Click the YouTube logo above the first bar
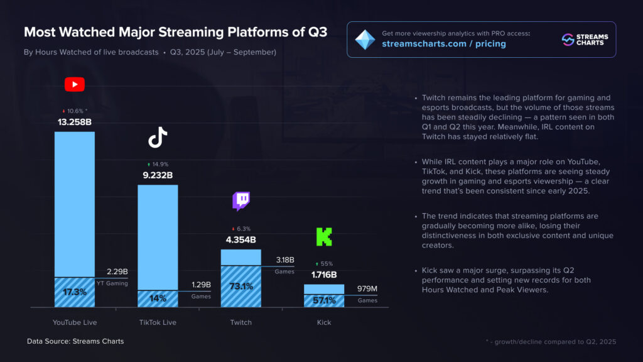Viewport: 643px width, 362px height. coord(74,84)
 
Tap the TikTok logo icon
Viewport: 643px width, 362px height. coord(158,137)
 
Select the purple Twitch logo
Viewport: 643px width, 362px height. coord(241,201)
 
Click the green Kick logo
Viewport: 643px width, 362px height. coord(323,237)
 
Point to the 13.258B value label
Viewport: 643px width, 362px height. coord(74,122)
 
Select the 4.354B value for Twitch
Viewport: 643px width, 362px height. coord(241,239)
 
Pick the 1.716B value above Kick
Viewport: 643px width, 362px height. coord(324,275)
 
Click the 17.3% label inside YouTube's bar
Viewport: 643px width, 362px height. coord(74,292)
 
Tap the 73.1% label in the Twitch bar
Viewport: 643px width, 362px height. coord(241,287)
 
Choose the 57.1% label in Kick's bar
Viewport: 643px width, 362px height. coord(324,300)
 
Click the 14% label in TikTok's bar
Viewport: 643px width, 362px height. coord(158,299)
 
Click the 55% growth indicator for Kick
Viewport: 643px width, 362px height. coord(324,264)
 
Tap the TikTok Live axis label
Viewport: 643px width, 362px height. coord(158,322)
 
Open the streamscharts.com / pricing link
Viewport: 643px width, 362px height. coord(443,44)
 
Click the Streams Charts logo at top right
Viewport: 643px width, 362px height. coord(582,39)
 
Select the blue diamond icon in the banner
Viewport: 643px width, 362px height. coord(365,39)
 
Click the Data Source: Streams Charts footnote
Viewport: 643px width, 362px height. coord(75,341)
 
